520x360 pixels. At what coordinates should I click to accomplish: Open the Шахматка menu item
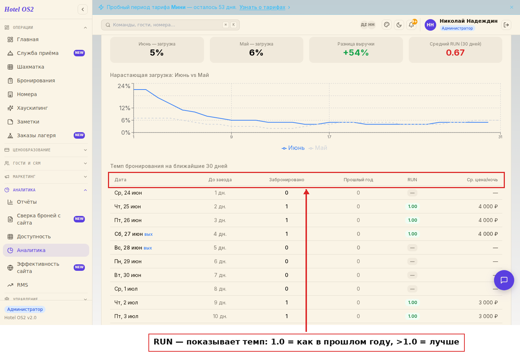30,67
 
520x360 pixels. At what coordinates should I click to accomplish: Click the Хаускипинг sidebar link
32,108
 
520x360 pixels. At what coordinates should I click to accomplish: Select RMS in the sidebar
22,285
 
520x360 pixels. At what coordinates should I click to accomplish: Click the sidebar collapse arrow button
83,9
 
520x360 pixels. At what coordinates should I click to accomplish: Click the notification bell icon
411,25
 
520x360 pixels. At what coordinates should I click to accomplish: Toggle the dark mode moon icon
399,25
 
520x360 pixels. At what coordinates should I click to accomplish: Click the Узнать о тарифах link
262,7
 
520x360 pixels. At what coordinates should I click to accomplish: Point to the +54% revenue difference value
356,53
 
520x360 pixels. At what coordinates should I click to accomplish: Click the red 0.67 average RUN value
455,53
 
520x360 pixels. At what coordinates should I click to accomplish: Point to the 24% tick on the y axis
124,86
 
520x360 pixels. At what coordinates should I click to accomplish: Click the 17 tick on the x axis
329,137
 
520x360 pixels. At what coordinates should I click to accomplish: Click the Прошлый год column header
358,180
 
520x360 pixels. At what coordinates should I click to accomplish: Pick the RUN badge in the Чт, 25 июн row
412,206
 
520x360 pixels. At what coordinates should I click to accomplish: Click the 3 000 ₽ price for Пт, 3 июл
488,316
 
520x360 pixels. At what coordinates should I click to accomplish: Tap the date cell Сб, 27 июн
129,234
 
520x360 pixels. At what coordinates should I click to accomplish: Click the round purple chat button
504,280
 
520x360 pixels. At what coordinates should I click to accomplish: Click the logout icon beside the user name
506,25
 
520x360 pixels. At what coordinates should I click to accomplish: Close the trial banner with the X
512,7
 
